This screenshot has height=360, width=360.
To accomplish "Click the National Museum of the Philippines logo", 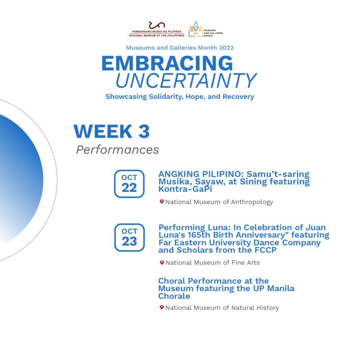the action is (x=157, y=29).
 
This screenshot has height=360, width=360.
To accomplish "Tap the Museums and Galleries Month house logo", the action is (x=196, y=29).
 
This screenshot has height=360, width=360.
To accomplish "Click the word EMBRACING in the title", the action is (x=167, y=63).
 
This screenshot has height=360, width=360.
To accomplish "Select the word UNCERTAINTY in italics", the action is (x=186, y=81).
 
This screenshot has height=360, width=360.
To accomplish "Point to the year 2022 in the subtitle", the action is (x=226, y=48).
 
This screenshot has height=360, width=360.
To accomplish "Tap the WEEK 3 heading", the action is (x=112, y=131).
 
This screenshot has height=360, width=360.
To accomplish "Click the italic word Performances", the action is (x=117, y=150).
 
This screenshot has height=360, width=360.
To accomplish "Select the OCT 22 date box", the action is (x=129, y=184).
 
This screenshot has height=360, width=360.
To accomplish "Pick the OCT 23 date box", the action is (x=129, y=237).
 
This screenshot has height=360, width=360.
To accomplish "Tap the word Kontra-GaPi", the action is (x=185, y=189).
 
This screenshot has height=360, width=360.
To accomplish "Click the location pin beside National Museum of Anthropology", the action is (x=162, y=202).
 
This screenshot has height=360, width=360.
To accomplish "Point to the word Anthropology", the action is (x=252, y=202).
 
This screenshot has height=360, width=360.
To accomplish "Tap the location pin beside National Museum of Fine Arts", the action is (x=162, y=262).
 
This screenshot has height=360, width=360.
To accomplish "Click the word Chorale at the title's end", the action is (x=174, y=296).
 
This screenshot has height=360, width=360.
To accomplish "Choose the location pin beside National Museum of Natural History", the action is (x=162, y=307).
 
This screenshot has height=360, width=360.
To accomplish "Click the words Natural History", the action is (x=255, y=308).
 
